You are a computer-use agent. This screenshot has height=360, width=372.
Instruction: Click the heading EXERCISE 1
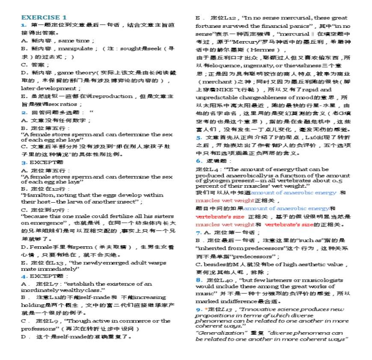point(44,18)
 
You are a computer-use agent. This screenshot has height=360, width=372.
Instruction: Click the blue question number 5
point(198,138)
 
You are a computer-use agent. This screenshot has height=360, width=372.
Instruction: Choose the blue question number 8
point(198,280)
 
